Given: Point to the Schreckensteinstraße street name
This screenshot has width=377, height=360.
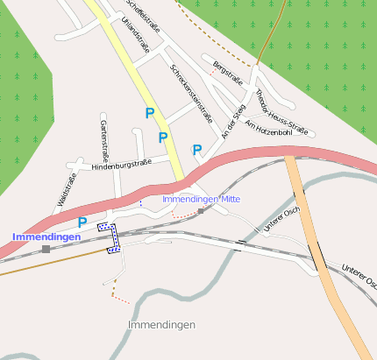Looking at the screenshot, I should click(x=192, y=92).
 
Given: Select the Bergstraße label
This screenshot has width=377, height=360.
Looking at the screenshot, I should click(x=227, y=70).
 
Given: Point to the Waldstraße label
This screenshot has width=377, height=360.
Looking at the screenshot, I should click(x=67, y=190).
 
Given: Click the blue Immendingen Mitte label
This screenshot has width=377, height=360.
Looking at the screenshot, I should click(x=201, y=199).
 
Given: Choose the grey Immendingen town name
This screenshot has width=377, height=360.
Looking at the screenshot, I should click(x=161, y=325).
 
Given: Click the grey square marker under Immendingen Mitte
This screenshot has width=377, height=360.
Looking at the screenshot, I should click(x=201, y=211).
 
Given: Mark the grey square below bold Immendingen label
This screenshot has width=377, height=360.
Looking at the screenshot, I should click(x=46, y=250).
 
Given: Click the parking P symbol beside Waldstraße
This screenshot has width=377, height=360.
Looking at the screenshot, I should click(x=82, y=222).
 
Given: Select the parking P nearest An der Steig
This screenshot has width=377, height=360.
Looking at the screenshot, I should click(x=197, y=150).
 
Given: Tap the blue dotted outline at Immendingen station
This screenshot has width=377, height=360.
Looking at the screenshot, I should click(x=109, y=236).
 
